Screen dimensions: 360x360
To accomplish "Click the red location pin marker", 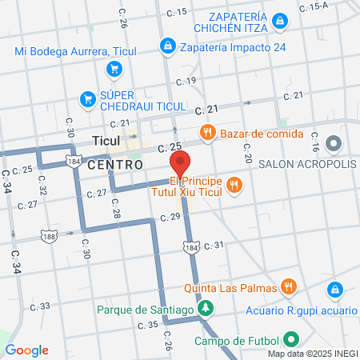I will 179,162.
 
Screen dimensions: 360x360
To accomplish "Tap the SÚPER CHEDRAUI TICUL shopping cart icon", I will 88,99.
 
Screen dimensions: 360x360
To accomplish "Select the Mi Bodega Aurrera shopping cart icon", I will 114,68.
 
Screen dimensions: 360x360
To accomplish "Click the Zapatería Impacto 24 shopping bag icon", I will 166,46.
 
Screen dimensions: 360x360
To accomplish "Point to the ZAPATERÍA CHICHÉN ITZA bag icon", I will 279,20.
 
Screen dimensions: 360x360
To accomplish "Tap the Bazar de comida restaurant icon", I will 206,132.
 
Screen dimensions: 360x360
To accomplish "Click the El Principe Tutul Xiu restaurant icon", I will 234,186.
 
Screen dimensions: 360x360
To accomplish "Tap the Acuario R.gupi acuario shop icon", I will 337,288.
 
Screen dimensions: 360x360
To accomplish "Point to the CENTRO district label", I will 115,164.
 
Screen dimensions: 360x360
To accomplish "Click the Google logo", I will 26,350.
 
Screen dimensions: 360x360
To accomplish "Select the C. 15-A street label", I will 314,6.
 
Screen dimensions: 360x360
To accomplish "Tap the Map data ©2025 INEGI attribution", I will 312,354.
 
